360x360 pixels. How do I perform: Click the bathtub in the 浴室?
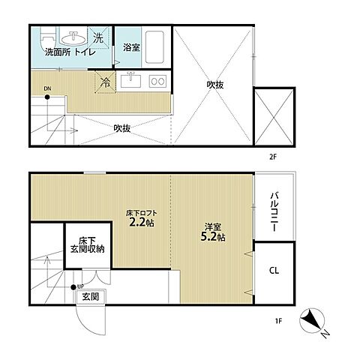tap(154, 47)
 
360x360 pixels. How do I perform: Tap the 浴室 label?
tap(131, 47)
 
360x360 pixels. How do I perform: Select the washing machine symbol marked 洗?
tap(99, 38)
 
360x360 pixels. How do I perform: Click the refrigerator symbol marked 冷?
tap(105, 82)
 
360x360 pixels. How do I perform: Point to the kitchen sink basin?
tap(130, 80)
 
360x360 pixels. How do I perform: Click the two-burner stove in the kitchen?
tap(158, 81)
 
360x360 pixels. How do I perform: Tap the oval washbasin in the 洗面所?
tap(73, 38)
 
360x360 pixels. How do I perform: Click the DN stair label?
tap(47, 88)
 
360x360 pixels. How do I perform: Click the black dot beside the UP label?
tap(73, 287)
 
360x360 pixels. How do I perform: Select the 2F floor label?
tap(272, 157)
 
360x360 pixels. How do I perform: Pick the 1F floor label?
tap(278, 321)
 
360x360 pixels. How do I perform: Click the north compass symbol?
tap(312, 321)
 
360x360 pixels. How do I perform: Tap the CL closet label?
tap(274, 270)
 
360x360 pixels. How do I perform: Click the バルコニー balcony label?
tap(275, 211)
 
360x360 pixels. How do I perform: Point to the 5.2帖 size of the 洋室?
tap(213, 236)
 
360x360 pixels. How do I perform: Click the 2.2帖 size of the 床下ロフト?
tap(141, 222)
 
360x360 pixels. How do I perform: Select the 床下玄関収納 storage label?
tap(87, 245)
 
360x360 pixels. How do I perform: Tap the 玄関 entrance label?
tap(91, 296)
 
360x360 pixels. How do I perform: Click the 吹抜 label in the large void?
tap(215, 85)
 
